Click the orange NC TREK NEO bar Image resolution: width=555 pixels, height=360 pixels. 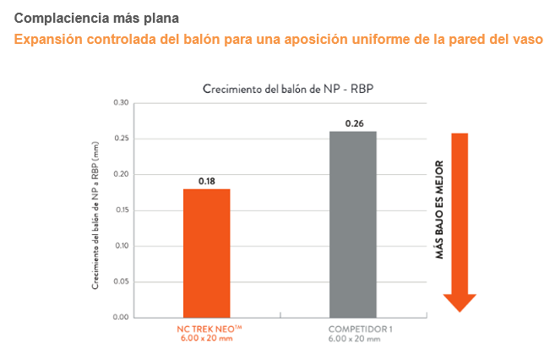207,253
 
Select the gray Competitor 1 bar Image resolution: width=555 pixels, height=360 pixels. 353,224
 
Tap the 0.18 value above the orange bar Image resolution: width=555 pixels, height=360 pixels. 207,181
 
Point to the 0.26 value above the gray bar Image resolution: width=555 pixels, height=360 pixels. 354,123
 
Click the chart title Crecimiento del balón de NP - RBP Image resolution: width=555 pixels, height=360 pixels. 293,89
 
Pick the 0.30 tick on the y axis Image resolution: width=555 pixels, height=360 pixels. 121,103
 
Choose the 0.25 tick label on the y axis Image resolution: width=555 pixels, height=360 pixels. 121,139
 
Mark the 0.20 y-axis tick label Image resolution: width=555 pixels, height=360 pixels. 121,175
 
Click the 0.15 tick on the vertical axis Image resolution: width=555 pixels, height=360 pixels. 121,210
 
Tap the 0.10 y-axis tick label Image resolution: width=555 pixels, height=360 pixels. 121,246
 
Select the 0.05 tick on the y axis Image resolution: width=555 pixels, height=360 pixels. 121,281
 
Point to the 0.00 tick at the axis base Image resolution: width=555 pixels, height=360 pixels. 121,318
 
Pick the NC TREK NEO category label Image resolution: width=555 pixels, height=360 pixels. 206,328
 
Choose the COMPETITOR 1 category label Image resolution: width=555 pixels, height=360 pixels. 354,328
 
